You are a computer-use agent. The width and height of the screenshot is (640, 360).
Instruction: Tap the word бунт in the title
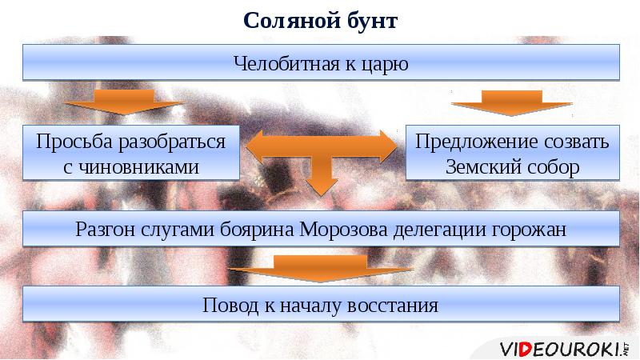coord(368,20)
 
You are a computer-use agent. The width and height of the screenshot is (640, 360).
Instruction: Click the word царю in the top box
coord(387,63)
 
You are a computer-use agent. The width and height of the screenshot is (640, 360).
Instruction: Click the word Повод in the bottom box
coord(231,305)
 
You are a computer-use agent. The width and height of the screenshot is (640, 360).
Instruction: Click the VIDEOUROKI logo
coord(565,348)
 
